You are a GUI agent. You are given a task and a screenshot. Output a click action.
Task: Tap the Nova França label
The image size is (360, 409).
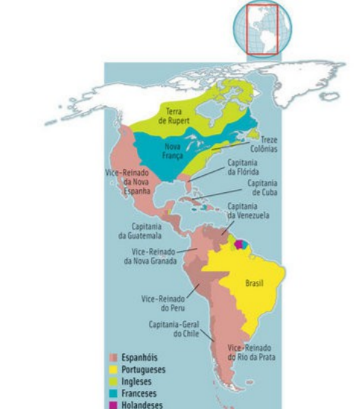[173, 151]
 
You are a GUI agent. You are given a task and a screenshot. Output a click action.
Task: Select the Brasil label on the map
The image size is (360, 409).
[254, 283]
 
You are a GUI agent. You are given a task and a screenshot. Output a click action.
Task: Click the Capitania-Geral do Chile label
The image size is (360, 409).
[169, 329]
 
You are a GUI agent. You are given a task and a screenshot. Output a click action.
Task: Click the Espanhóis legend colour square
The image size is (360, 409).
[114, 358]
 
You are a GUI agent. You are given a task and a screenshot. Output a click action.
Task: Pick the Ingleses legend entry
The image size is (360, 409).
[136, 381]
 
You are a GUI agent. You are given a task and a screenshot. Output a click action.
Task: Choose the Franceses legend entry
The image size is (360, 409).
[139, 393]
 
